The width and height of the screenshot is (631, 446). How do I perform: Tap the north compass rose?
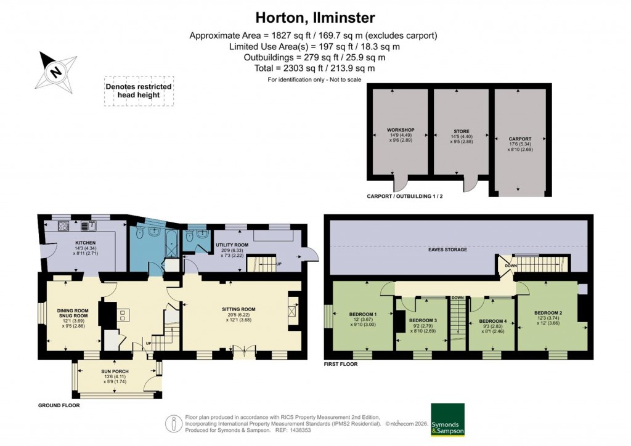pyautogui.click(x=55, y=70)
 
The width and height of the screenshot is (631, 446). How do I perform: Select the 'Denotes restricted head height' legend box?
pyautogui.click(x=139, y=91)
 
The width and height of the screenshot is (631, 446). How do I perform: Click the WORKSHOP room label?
pyautogui.click(x=401, y=130)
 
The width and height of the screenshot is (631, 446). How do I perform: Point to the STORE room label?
pyautogui.click(x=462, y=131)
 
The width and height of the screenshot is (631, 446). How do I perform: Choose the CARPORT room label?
pyautogui.click(x=519, y=139)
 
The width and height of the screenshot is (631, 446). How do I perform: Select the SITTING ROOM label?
pyautogui.click(x=240, y=309)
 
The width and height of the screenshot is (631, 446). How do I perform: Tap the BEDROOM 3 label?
pyautogui.click(x=423, y=320)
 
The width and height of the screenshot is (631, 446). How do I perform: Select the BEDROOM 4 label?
pyautogui.click(x=493, y=320)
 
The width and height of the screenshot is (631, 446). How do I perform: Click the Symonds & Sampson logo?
pyautogui.click(x=447, y=419)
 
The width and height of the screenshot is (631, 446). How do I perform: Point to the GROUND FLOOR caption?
pyautogui.click(x=59, y=406)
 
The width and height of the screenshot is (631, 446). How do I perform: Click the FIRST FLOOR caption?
pyautogui.click(x=341, y=364)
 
